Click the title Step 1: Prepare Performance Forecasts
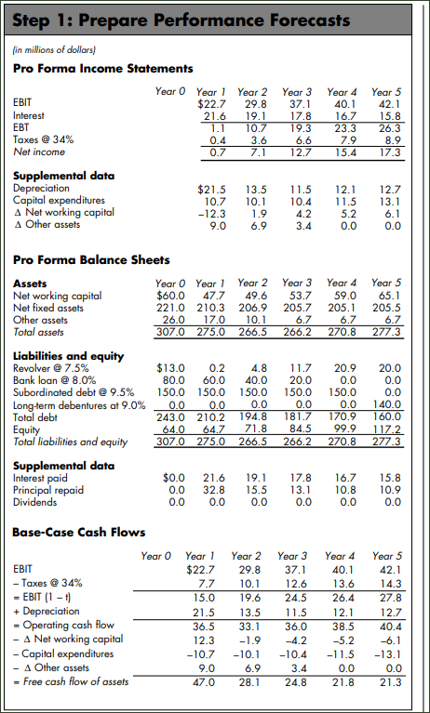[183, 20]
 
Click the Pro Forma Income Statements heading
[103, 68]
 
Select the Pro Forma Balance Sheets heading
[92, 259]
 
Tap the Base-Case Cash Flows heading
[79, 532]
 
